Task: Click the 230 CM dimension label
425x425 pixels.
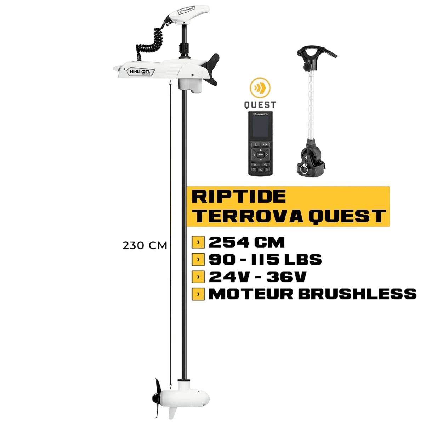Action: [144, 245]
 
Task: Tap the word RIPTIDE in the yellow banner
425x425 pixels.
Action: [239, 197]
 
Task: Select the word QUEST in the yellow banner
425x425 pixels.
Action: [347, 216]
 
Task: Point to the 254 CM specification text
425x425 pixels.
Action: [246, 243]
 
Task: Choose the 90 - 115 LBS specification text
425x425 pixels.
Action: [265, 260]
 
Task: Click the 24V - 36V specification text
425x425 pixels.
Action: [257, 277]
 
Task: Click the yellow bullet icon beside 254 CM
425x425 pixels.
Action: [198, 243]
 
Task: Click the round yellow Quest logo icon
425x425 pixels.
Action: [260, 89]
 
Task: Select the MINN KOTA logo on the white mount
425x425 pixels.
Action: [140, 72]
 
